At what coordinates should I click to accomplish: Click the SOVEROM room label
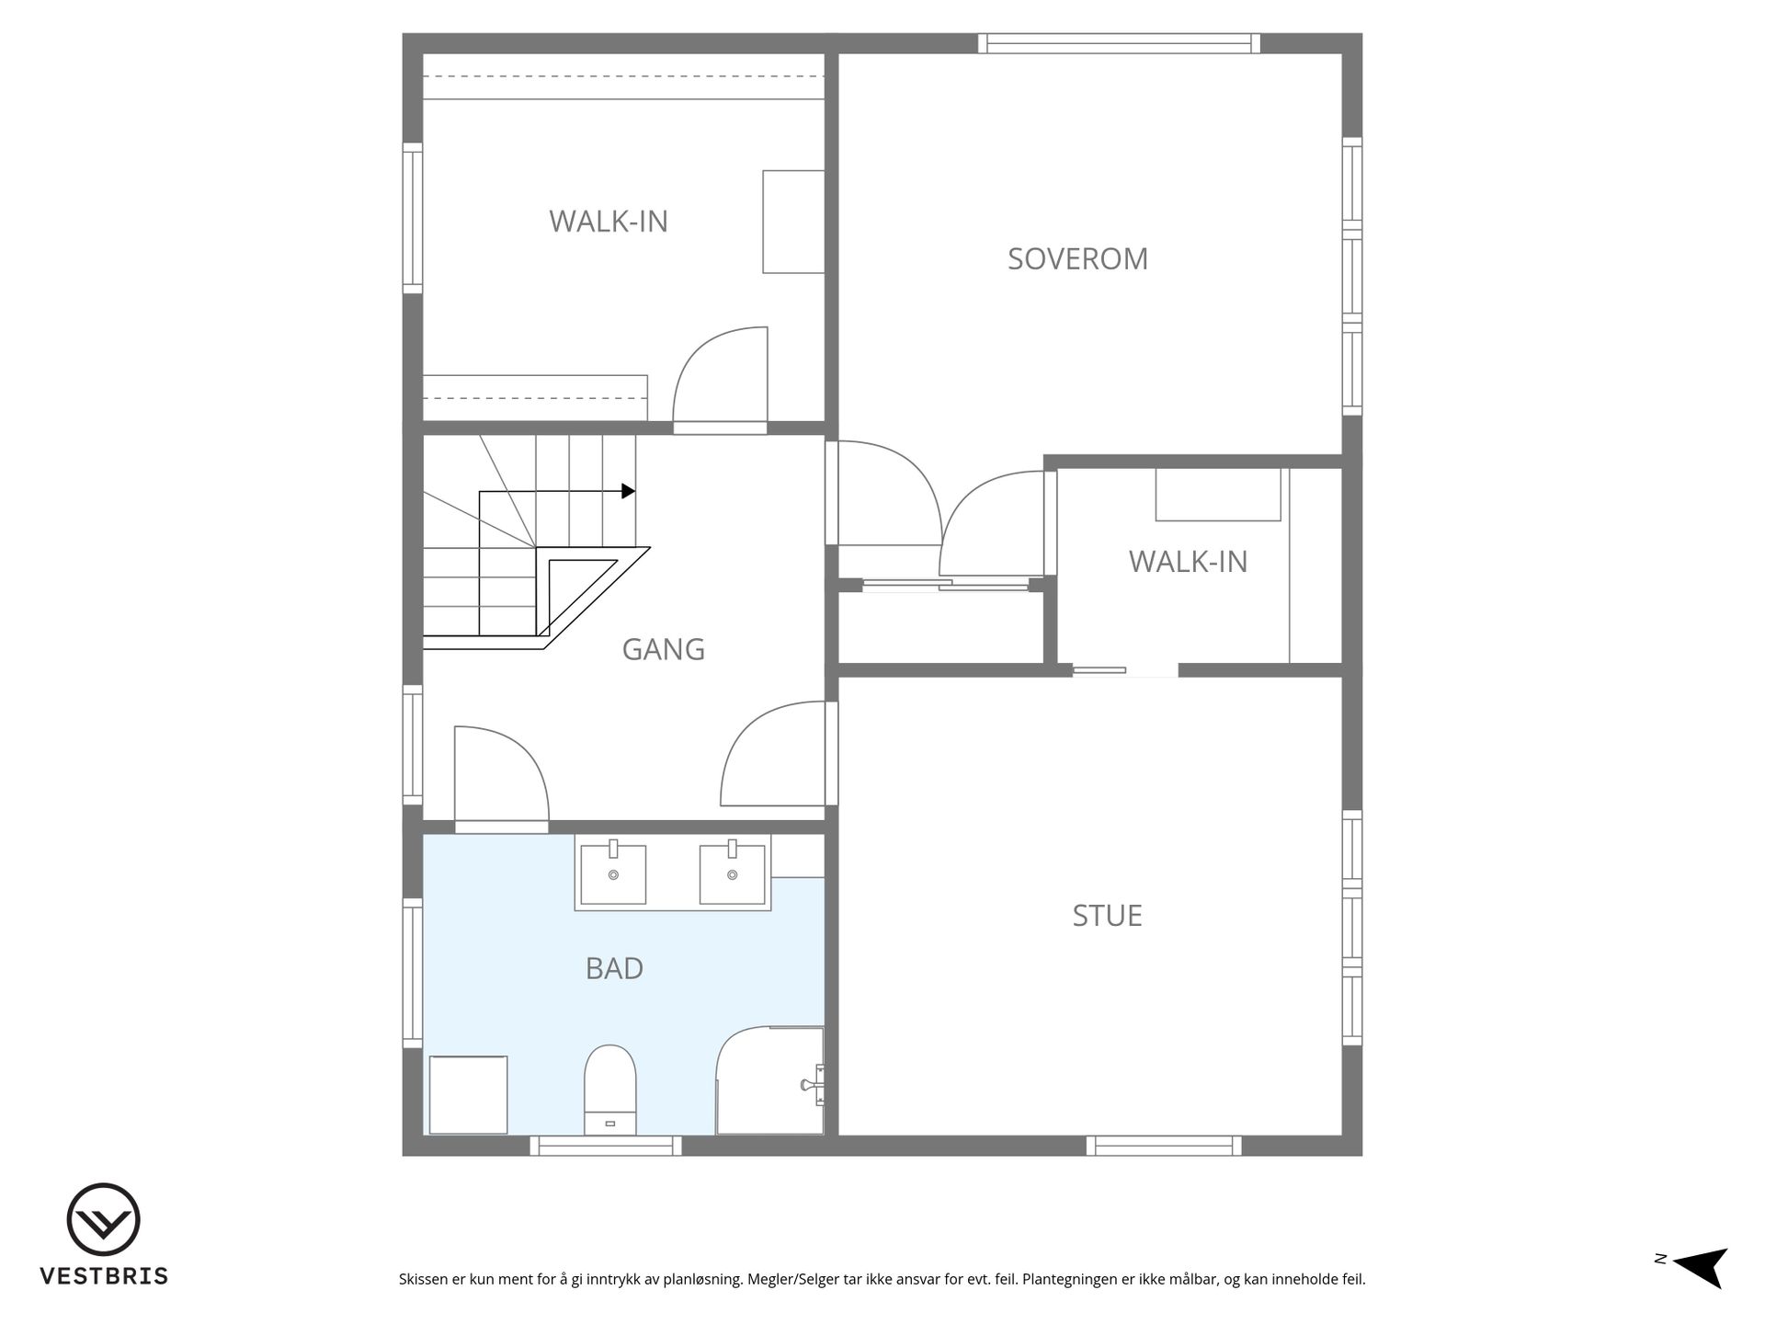1077,259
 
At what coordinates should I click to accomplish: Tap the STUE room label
1107,916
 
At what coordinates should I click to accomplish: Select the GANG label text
663,650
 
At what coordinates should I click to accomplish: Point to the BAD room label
614,968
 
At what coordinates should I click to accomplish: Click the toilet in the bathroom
610,1090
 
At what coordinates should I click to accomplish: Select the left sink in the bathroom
613,873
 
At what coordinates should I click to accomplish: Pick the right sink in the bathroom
732,873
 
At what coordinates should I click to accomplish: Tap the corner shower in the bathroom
770,1080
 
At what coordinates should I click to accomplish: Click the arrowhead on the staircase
628,491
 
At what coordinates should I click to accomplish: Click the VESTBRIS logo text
104,1276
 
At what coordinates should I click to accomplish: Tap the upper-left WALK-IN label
609,222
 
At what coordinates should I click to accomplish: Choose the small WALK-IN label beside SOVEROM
1188,562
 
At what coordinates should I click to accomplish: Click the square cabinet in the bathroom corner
469,1095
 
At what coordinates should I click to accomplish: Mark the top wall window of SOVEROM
1119,43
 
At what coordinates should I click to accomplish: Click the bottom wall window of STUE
1164,1146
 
